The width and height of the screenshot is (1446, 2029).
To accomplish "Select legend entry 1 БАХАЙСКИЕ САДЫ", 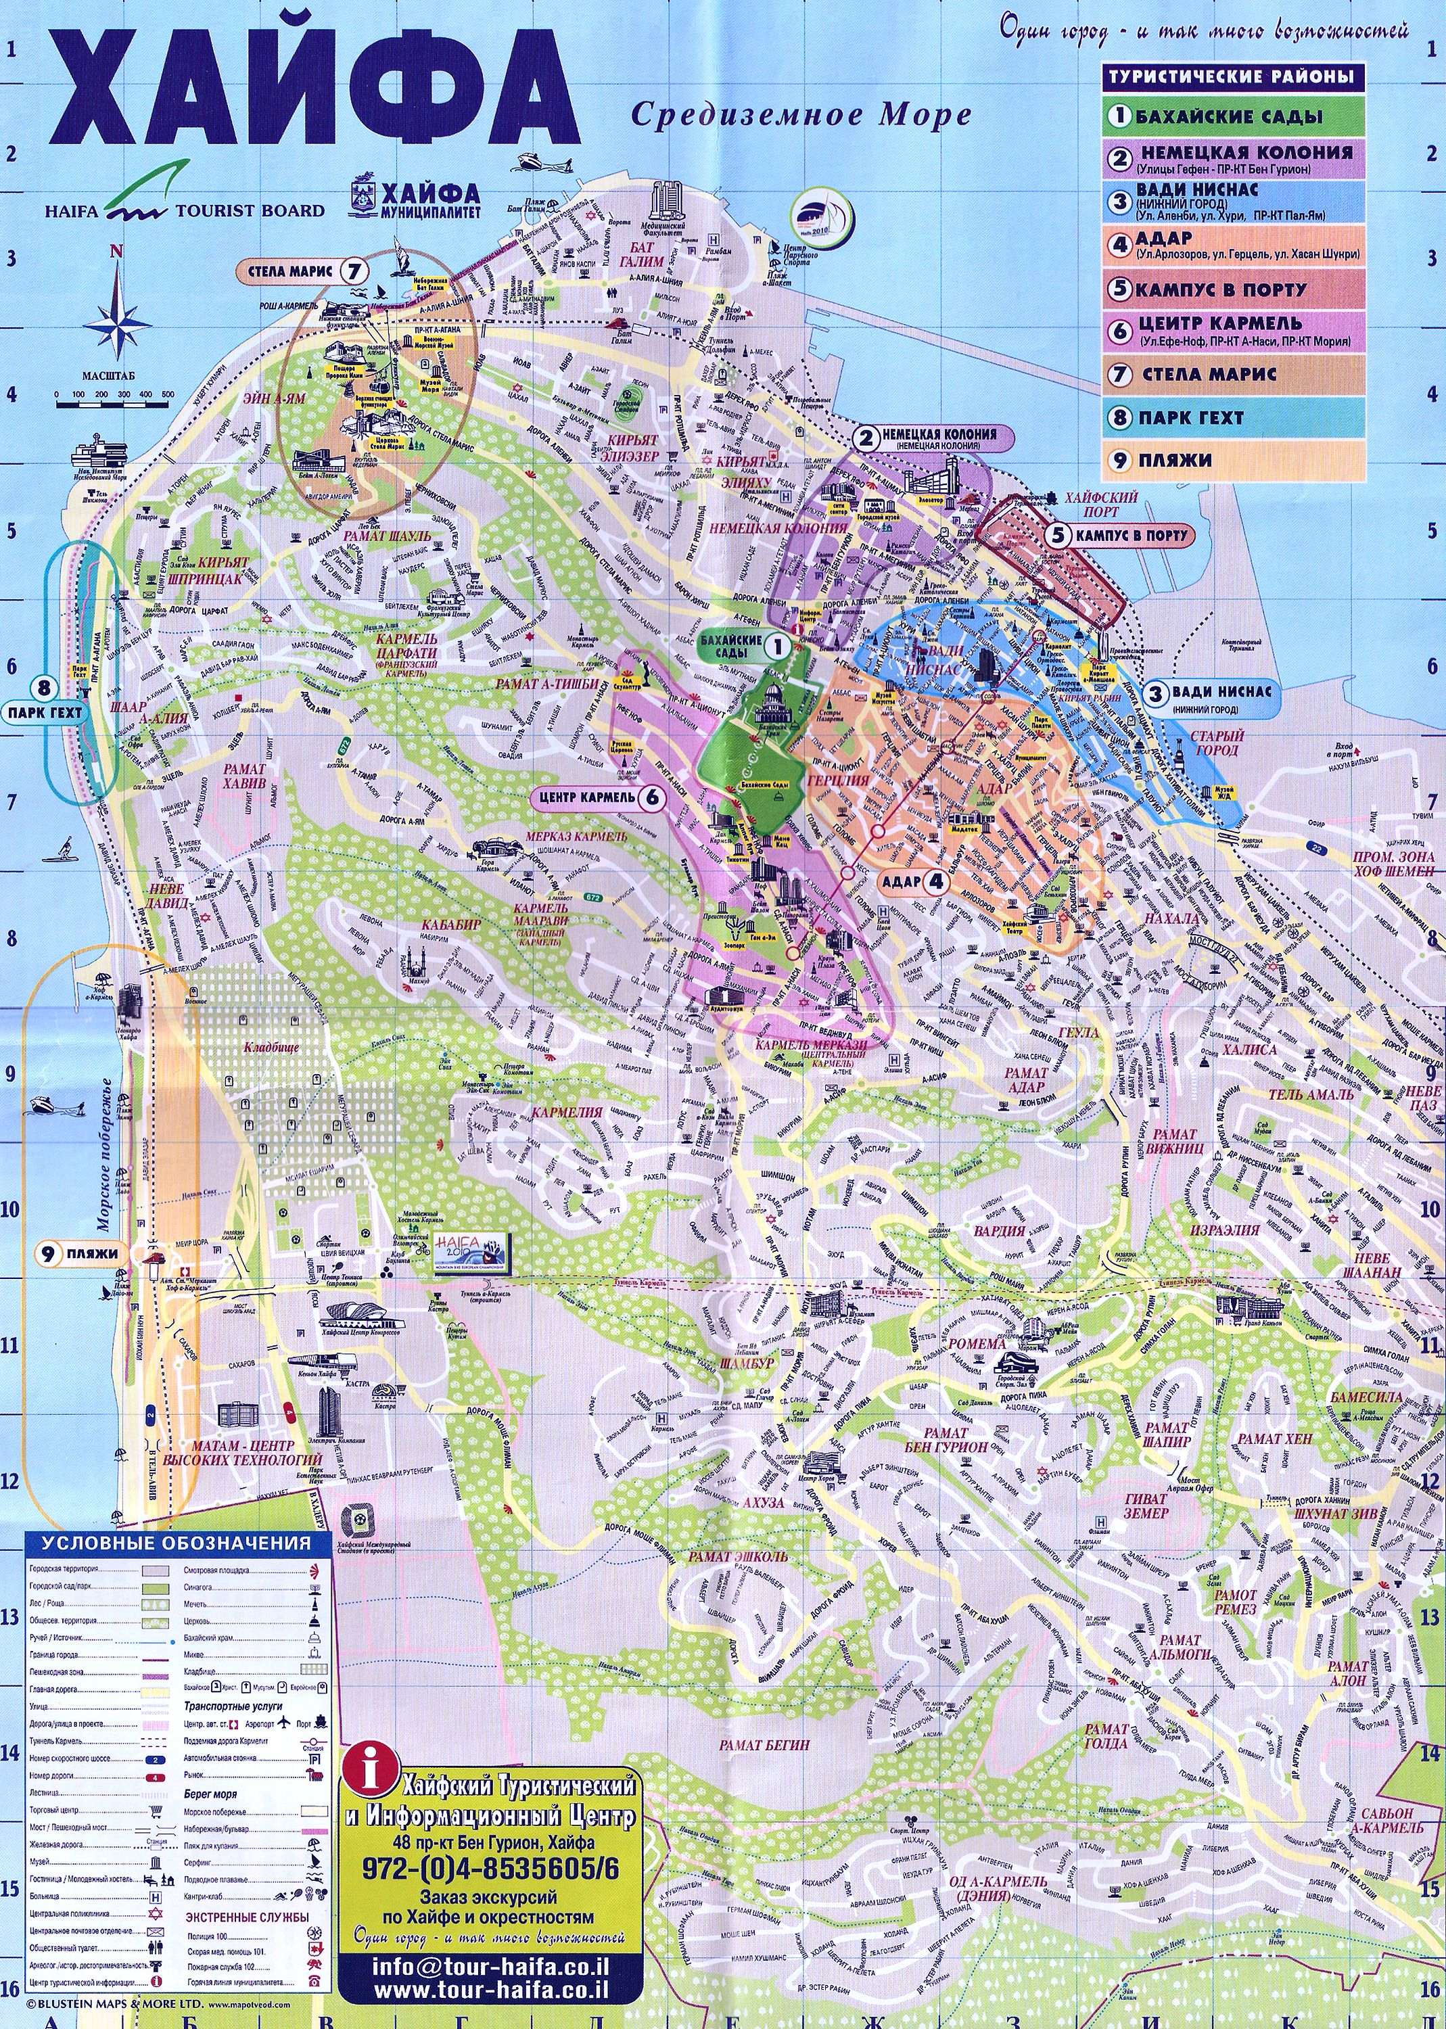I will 1233,116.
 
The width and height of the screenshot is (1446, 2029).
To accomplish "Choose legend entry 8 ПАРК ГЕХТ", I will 1233,417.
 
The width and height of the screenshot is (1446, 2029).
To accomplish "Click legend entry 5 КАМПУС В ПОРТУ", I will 1233,289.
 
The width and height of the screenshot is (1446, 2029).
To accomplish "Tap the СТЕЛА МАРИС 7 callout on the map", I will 303,270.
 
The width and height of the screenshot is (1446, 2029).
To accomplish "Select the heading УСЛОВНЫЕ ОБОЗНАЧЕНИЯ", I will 177,1543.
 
